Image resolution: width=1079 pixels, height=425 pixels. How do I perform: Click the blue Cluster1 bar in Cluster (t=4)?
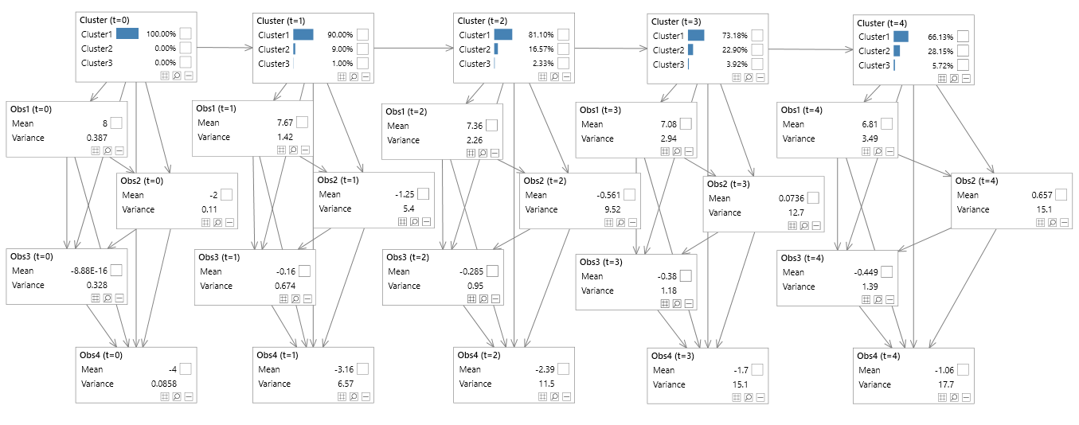[x=901, y=37]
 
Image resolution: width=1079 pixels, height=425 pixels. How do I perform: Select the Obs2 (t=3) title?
[x=729, y=184]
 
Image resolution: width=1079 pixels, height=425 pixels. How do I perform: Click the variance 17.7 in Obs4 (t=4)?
[x=944, y=384]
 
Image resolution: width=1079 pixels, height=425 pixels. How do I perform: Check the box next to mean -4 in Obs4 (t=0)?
[x=185, y=368]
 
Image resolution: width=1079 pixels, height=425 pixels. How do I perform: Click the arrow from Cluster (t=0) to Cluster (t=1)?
[x=223, y=48]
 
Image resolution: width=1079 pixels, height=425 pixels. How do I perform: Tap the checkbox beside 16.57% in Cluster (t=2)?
[x=563, y=49]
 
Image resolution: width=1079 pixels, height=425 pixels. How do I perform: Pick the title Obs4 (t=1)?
[x=277, y=355]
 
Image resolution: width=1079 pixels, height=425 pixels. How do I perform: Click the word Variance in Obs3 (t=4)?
[x=799, y=286]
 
